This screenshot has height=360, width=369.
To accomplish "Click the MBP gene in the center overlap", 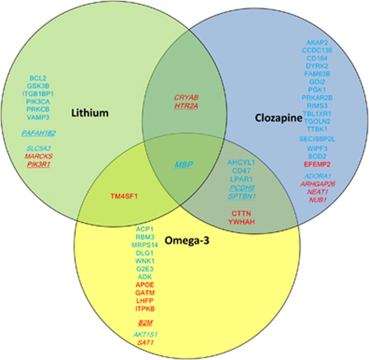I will point(184,165).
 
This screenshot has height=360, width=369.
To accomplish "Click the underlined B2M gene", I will point(145,322).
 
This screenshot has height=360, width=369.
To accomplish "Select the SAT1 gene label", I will point(145,343).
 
